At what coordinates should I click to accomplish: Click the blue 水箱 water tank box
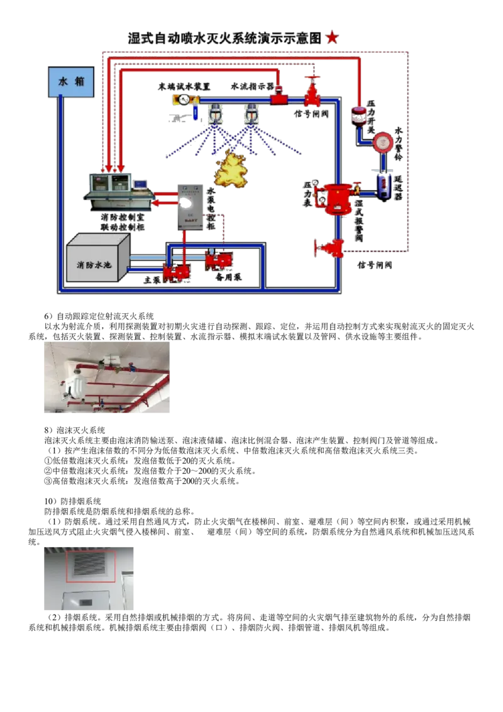click(x=71, y=82)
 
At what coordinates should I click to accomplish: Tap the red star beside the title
click(x=332, y=38)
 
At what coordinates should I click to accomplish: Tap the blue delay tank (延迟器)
click(x=384, y=186)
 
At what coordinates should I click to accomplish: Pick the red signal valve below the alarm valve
click(x=329, y=248)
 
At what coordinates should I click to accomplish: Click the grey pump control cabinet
click(x=191, y=205)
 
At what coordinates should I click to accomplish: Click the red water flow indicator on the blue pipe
click(x=279, y=98)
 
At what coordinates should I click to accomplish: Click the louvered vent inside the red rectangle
click(x=90, y=564)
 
